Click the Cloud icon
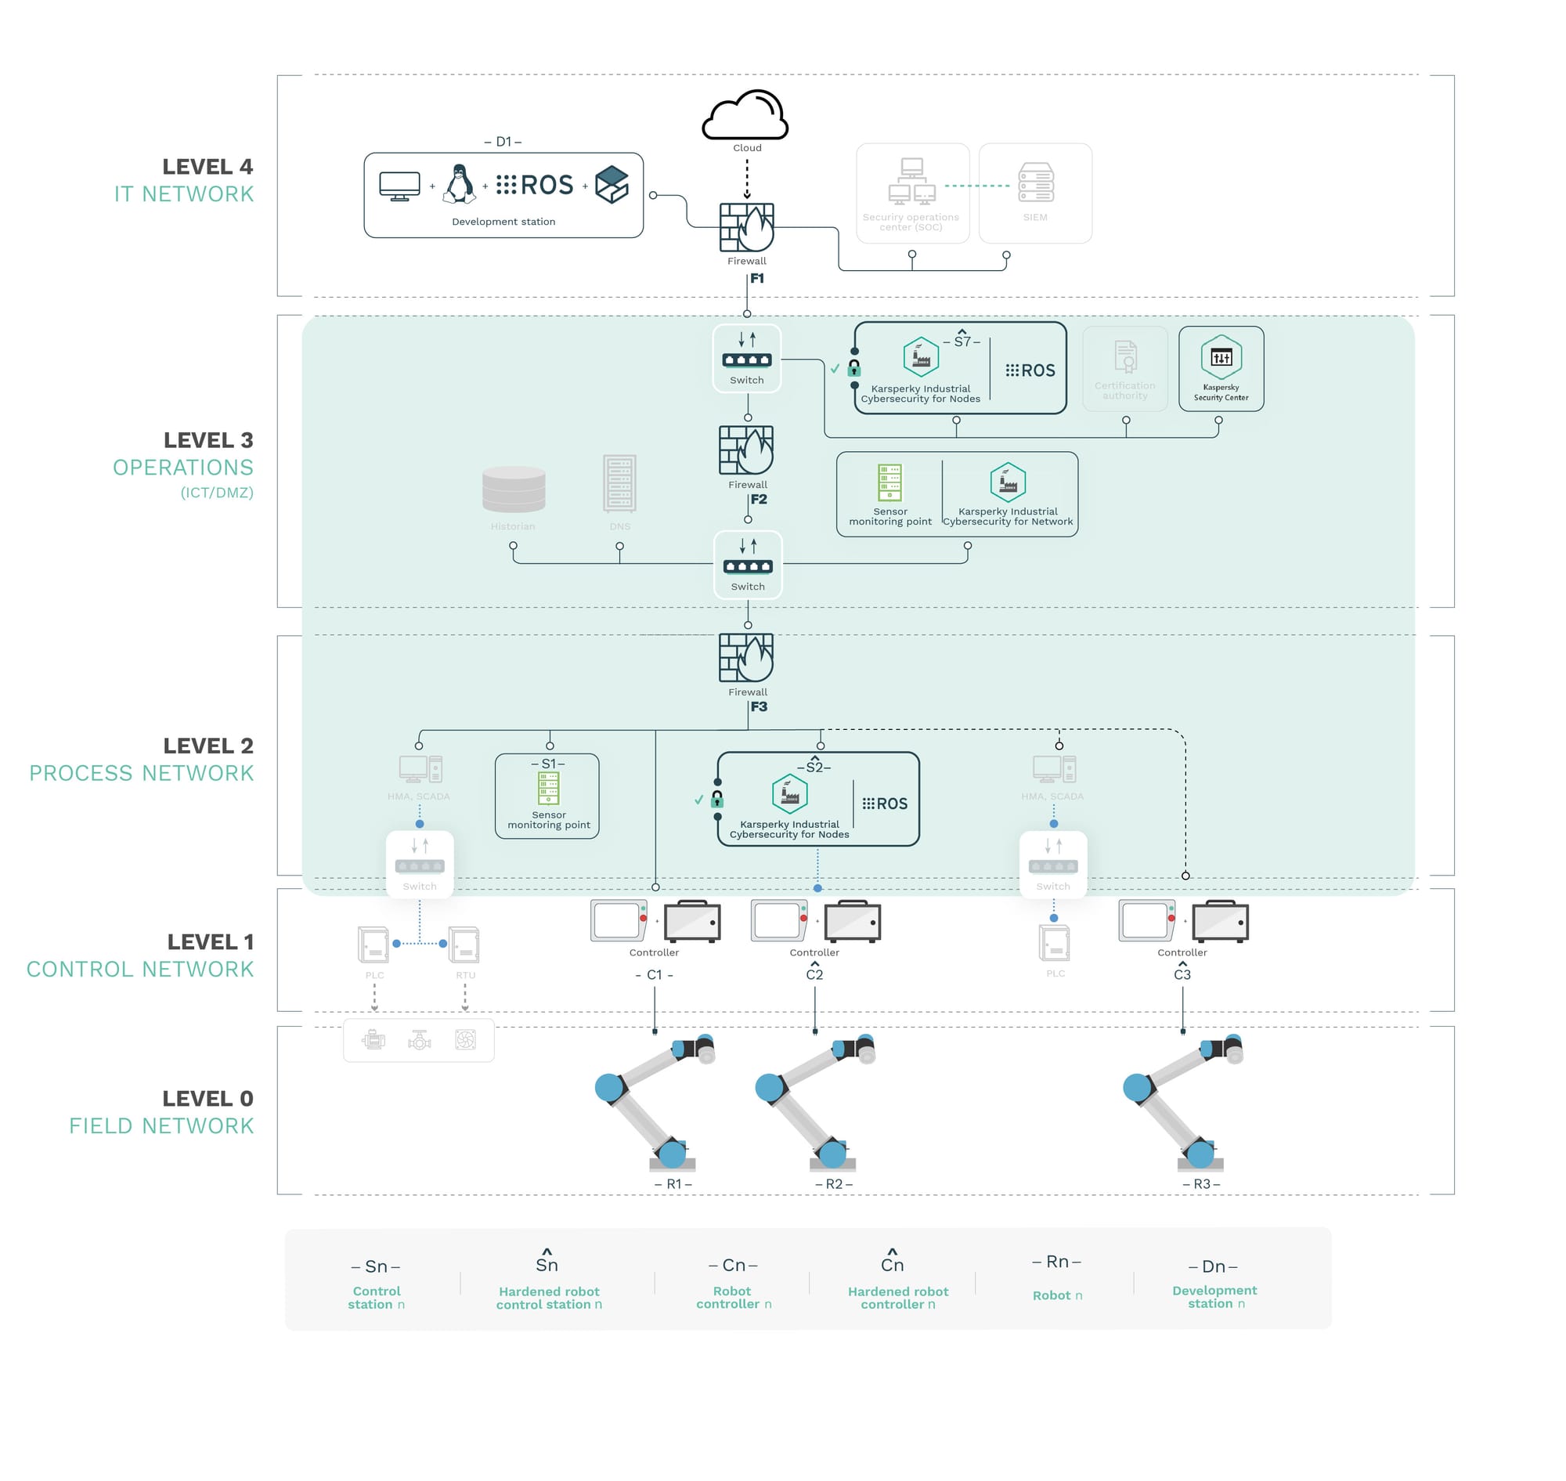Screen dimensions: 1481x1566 tap(745, 115)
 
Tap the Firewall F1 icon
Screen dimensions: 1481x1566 tap(746, 227)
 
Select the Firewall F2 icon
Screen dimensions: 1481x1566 tap(746, 450)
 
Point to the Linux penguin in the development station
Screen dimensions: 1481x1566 tap(459, 184)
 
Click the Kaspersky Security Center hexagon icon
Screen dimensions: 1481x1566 tap(1220, 357)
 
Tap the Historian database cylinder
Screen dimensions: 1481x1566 tap(513, 489)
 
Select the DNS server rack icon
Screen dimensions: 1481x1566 tap(619, 482)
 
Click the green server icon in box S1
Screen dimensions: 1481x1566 tap(548, 788)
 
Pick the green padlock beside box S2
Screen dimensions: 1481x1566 tap(716, 798)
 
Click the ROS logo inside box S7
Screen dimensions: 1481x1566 tap(1030, 370)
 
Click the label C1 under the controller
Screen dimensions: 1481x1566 tap(654, 974)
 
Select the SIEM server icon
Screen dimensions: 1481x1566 tap(1035, 182)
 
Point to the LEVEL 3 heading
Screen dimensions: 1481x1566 tap(207, 439)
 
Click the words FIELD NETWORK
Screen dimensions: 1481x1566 tap(161, 1125)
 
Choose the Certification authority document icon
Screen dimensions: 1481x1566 tap(1124, 356)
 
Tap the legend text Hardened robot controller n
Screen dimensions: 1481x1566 tap(897, 1297)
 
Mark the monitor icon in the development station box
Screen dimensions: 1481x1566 tap(399, 186)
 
